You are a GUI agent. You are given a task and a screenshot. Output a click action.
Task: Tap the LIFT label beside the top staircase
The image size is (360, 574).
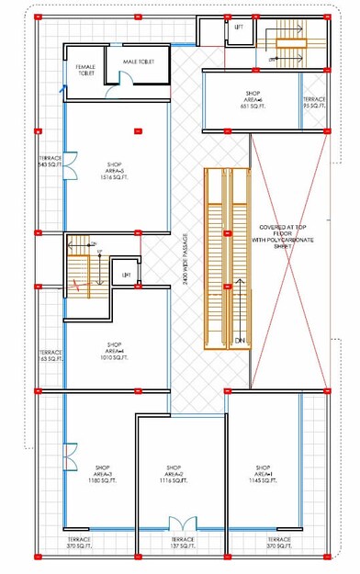pos(239,28)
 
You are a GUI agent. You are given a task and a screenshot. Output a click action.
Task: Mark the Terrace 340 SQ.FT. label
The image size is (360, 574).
pos(50,162)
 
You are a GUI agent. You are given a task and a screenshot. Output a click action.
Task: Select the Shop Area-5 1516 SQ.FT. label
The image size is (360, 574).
pos(107,174)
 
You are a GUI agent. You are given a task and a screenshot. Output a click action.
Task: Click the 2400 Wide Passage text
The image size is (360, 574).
pos(186,266)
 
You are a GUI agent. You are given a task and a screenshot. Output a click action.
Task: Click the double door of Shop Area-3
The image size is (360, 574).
pos(69,456)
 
